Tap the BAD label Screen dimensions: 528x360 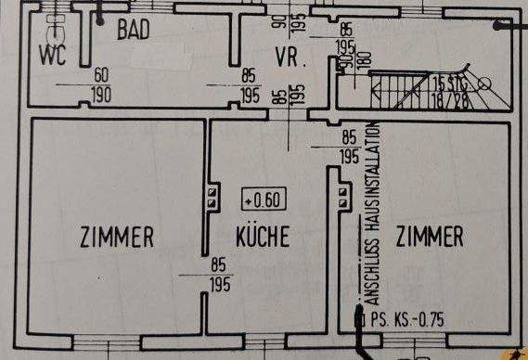[x=135, y=30]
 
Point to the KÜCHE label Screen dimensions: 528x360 [x=262, y=237]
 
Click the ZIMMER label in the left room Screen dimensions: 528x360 [x=117, y=238]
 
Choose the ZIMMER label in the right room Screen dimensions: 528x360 [x=430, y=238]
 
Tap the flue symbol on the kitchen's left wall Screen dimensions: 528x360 [x=212, y=197]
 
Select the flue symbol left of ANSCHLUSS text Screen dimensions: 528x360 [x=345, y=197]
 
